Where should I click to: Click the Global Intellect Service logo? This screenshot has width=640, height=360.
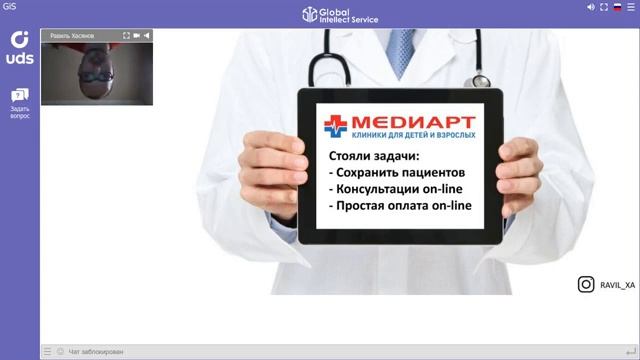[319, 14]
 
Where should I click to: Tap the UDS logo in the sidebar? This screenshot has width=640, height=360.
[20, 47]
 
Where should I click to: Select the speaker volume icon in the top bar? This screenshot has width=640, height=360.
[591, 7]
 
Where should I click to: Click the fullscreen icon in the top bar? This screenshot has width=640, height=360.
[604, 7]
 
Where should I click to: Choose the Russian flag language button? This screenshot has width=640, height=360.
[617, 7]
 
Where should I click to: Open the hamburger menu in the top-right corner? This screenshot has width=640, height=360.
[631, 7]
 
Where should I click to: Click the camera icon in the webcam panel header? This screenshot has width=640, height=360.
[136, 35]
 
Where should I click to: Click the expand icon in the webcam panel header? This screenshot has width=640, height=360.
[126, 35]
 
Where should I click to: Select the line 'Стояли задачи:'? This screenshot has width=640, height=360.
[374, 156]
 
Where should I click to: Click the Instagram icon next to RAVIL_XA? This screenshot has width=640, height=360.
[586, 285]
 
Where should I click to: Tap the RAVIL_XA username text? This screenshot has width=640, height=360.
[617, 286]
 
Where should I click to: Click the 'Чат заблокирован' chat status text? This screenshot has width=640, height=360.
[96, 352]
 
